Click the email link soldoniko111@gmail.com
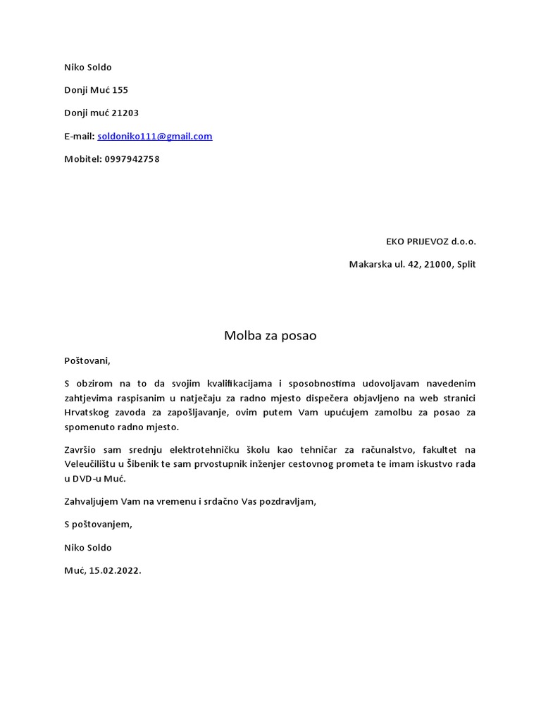tap(154, 137)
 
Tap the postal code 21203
tap(125, 113)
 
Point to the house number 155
tap(120, 90)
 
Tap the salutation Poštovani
tap(87, 360)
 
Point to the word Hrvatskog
tap(86, 413)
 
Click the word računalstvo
tap(383, 450)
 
